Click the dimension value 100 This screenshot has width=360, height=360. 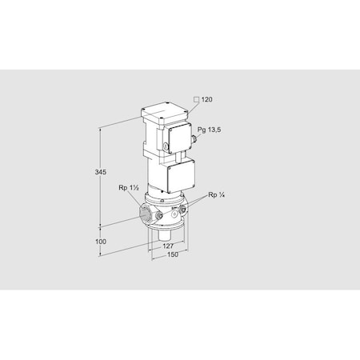pos(101,242)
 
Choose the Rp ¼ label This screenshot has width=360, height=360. pos(217,195)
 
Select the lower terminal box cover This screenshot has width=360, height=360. pos(180,174)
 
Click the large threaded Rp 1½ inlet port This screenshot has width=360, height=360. pos(147,214)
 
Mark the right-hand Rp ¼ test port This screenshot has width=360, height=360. pos(185,209)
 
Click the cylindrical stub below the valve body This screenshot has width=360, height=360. pos(166,238)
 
